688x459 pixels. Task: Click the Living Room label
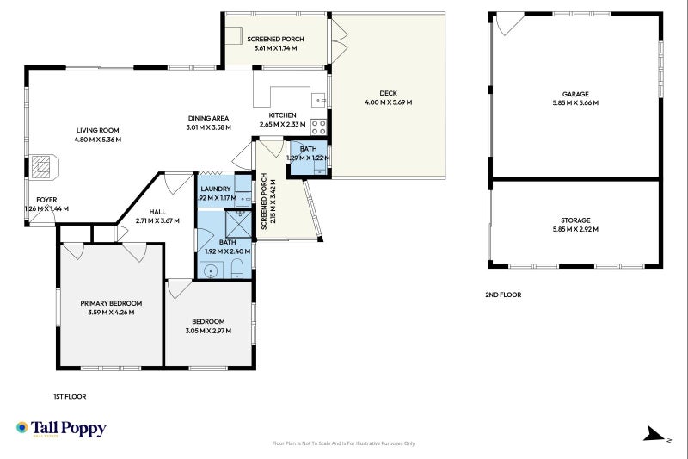point(97,130)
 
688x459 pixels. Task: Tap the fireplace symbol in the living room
point(45,166)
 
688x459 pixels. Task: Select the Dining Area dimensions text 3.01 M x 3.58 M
point(208,127)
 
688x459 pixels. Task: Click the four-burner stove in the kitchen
point(318,127)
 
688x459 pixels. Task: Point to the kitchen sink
point(318,100)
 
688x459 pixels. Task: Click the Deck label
point(389,93)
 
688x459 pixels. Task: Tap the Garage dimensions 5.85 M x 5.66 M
point(575,102)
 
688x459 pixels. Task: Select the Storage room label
point(575,220)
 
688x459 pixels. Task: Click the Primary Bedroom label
point(111,303)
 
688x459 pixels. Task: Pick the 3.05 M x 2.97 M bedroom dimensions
point(208,331)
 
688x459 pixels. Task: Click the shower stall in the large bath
point(238,224)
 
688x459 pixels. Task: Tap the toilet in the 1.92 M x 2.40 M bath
point(237,269)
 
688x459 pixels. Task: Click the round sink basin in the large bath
point(212,270)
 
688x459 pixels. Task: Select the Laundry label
point(216,189)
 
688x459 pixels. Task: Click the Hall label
point(157,212)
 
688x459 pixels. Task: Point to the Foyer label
point(46,200)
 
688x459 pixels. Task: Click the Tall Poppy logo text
point(69,428)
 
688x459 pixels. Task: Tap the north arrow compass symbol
point(654,433)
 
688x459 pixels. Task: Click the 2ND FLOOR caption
point(503,295)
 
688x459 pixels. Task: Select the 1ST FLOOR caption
point(70,397)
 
